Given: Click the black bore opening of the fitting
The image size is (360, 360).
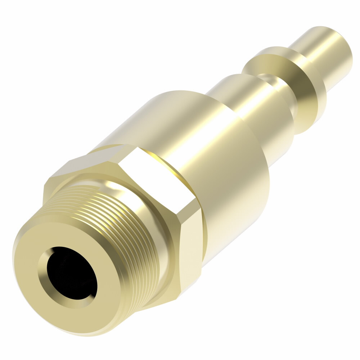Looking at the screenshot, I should point(68,274).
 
